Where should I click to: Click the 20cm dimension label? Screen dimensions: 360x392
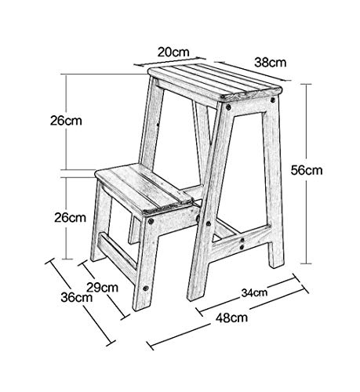173,52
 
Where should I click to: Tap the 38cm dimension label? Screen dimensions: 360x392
271,63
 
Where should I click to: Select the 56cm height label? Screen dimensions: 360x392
307,170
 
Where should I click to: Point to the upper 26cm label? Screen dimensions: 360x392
66,121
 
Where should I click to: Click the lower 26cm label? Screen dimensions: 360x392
70,217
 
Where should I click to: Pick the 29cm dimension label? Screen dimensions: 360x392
102,288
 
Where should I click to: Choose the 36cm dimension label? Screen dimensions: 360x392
77,297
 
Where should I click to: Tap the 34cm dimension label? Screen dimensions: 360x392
254,292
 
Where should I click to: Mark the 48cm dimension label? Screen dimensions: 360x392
231,318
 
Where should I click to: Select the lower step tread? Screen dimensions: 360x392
144,187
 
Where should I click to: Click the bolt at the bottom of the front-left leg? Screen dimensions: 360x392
145,289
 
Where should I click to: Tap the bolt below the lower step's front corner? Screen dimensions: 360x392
151,221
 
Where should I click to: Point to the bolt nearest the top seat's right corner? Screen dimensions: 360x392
273,100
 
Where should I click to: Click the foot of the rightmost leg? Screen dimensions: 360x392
277,260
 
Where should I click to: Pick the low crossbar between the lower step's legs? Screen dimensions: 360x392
118,251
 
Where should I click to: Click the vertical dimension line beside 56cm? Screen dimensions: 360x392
306,174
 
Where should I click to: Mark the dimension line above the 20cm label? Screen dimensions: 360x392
170,61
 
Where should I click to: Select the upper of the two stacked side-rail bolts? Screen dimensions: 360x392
242,239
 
